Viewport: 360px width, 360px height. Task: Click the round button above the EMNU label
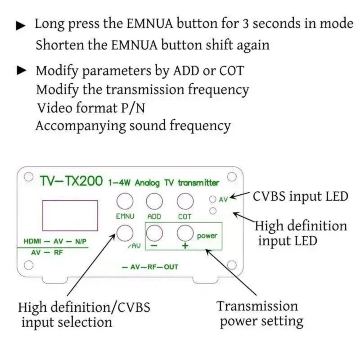pyautogui.click(x=125, y=200)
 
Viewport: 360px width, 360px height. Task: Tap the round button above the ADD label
pyautogui.click(x=154, y=200)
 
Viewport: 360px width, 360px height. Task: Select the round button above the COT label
pyautogui.click(x=185, y=200)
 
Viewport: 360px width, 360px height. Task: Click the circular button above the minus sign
pyautogui.click(x=154, y=233)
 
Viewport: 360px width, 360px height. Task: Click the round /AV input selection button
pyautogui.click(x=125, y=233)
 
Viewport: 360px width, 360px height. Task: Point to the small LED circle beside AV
pyautogui.click(x=213, y=198)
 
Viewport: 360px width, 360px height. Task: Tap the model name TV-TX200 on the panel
pyautogui.click(x=72, y=182)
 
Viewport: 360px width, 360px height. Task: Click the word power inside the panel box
pyautogui.click(x=207, y=236)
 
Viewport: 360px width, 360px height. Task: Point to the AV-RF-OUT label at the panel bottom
pyautogui.click(x=150, y=267)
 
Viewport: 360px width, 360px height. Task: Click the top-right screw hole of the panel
pyautogui.click(x=232, y=176)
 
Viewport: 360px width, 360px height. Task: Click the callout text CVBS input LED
pyautogui.click(x=301, y=197)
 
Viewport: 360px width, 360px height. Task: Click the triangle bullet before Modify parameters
pyautogui.click(x=21, y=71)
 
